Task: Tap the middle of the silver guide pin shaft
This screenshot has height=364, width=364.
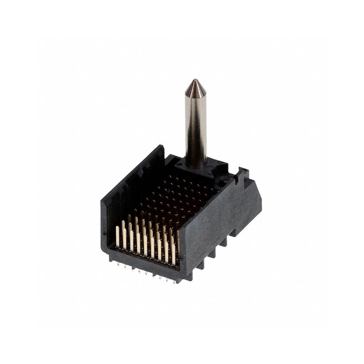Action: (196, 123)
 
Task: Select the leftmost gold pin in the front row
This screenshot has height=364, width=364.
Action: (117, 237)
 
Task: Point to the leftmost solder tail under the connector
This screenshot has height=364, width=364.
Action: (117, 262)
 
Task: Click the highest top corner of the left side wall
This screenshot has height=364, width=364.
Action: (160, 146)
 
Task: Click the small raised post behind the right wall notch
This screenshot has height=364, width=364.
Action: (244, 172)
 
